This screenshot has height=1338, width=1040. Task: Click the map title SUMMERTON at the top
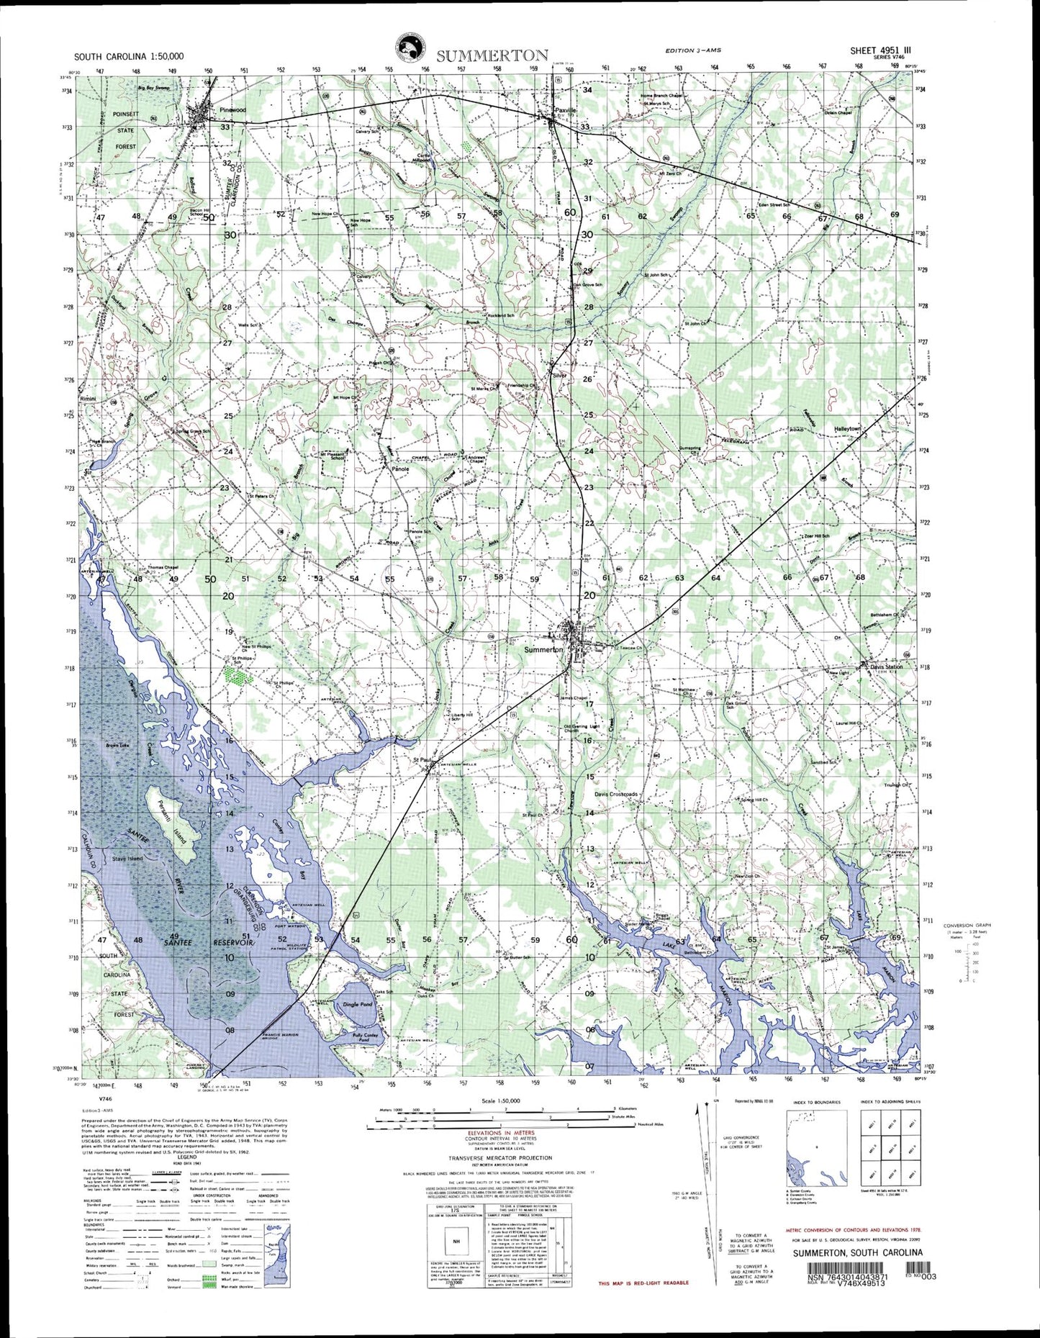coord(492,55)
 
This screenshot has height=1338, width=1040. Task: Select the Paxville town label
coord(566,110)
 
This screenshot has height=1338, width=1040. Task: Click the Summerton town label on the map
coord(543,649)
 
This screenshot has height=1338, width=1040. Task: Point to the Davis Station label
coord(885,666)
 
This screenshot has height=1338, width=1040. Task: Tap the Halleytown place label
coord(847,428)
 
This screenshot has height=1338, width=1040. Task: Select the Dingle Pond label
coord(358,1004)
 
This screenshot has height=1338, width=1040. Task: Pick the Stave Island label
coord(127,859)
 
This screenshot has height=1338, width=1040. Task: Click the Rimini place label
coord(88,398)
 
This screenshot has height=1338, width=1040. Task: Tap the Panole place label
coord(400,469)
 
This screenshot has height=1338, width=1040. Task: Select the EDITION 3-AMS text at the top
coord(692,49)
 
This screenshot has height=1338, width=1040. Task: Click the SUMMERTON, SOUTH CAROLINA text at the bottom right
coord(858,1252)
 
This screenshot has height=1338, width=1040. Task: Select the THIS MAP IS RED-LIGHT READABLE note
coord(643,1283)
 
